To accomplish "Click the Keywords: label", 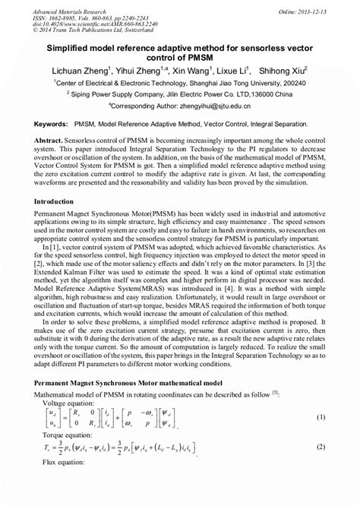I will (50, 122).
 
